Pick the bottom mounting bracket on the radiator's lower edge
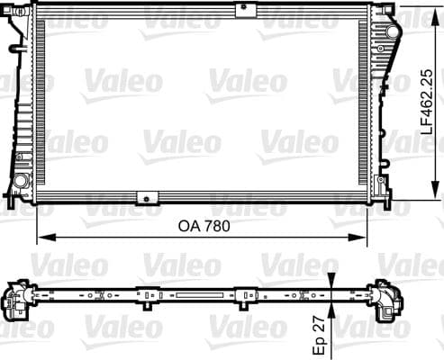(x=144, y=197)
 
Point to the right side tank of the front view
(x=385, y=103)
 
